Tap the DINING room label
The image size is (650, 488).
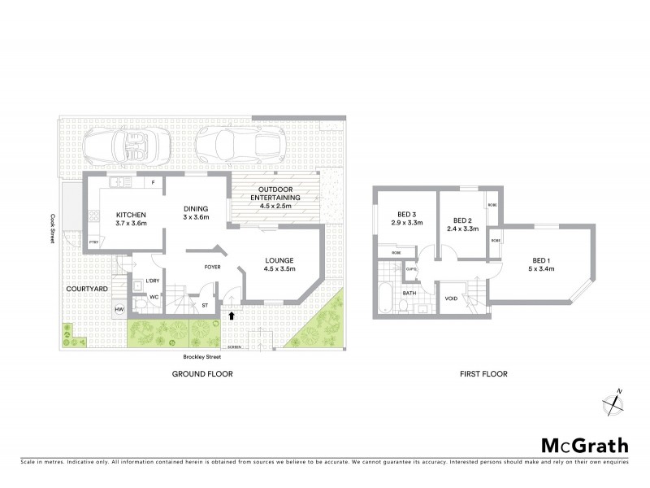point(196,207)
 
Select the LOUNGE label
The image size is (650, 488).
point(279,261)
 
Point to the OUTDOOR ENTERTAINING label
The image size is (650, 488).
point(275,193)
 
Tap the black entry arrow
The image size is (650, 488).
point(234,315)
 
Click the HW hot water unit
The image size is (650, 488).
point(119,310)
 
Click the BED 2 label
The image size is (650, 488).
point(462,220)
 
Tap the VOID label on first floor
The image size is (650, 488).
point(452,298)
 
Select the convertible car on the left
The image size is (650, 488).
point(130,148)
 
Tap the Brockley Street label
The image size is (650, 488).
point(202,355)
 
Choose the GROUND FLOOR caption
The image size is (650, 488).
point(202,374)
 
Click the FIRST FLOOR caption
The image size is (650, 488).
point(483,374)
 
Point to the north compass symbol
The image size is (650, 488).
point(612,403)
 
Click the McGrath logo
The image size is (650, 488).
point(583,445)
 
